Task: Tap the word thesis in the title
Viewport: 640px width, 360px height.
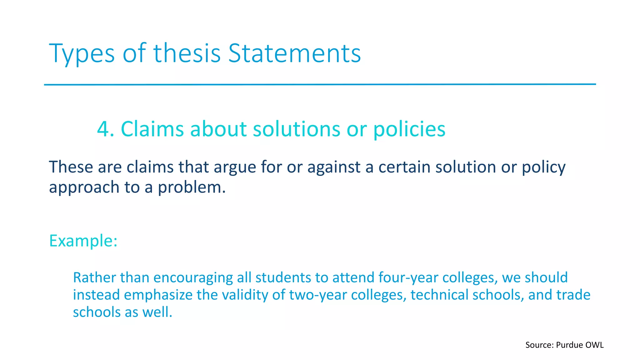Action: click(x=187, y=53)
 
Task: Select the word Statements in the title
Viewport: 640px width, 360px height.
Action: click(x=295, y=53)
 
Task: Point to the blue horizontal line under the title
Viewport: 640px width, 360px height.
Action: click(x=320, y=84)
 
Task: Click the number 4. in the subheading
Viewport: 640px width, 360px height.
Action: click(x=106, y=129)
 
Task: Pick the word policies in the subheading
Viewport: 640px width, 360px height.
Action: click(x=409, y=129)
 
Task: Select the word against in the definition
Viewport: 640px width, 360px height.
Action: click(x=334, y=167)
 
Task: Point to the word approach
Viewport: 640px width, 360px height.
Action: click(x=84, y=187)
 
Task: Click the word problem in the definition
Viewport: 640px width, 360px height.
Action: click(x=191, y=187)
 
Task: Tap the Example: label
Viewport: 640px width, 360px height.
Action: click(x=83, y=241)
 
